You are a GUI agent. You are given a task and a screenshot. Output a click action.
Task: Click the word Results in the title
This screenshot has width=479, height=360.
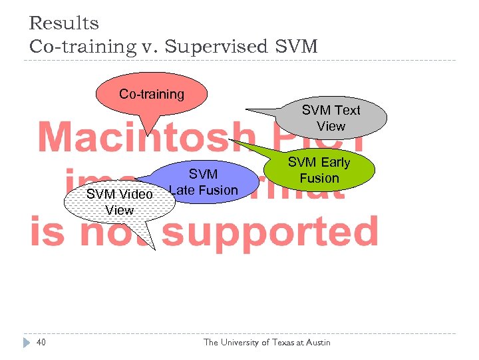64,23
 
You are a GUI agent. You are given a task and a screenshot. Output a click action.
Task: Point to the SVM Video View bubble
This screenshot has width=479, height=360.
120,201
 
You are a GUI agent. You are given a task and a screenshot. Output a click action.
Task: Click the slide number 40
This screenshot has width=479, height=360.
41,343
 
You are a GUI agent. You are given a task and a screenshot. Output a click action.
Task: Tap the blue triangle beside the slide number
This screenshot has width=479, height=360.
26,343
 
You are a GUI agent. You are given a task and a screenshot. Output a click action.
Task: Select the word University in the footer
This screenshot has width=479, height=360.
245,343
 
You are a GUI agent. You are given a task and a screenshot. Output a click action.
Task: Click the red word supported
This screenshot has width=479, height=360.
269,232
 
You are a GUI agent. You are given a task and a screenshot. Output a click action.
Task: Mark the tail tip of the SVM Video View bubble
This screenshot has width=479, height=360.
155,249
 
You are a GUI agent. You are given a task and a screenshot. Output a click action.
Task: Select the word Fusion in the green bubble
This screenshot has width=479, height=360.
319,178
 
